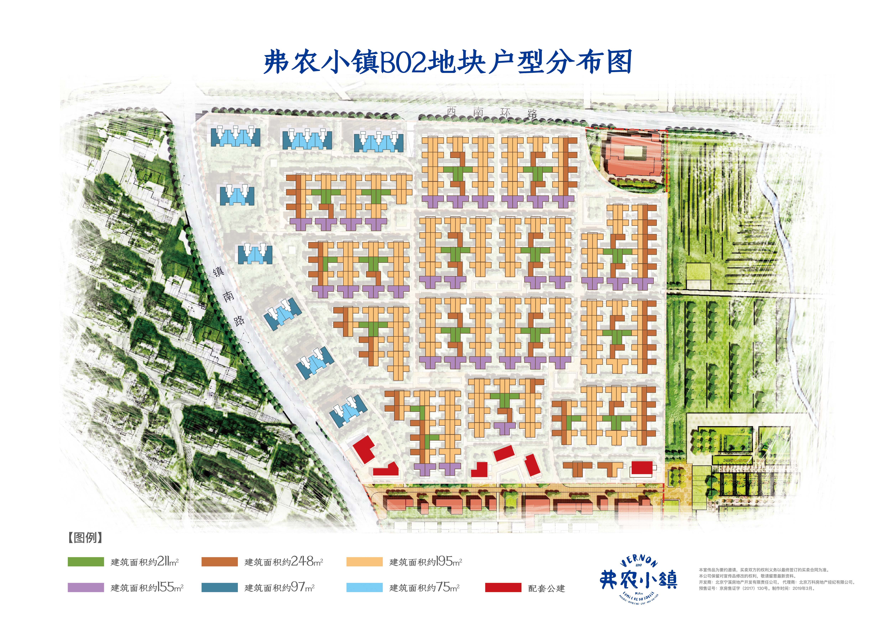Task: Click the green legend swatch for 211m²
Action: point(86,562)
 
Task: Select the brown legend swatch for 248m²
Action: point(219,562)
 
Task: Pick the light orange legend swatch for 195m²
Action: point(364,562)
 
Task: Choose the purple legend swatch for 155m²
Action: point(86,587)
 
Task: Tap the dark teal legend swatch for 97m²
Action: point(219,587)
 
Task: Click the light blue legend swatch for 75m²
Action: point(364,587)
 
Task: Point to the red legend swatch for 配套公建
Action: point(503,587)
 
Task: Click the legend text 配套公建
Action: point(546,588)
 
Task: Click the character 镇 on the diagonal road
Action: point(218,272)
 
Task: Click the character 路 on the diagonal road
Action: point(239,320)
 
